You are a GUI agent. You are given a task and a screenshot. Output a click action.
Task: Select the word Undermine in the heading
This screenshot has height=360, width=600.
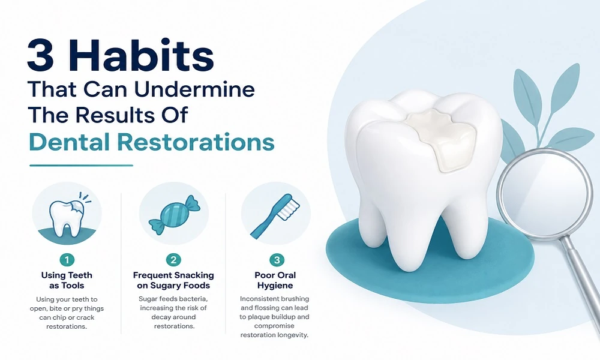tap(194, 89)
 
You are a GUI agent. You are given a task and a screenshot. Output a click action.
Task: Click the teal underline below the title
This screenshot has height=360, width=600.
tap(81, 165)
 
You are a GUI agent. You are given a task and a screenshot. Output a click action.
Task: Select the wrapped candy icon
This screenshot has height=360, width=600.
tap(175, 214)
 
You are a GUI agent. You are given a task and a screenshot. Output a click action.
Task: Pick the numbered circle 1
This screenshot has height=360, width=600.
tap(67, 260)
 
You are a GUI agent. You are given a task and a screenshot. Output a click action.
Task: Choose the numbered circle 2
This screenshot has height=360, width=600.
tap(173, 260)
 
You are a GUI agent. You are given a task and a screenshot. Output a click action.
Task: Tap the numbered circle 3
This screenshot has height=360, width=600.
tap(277, 260)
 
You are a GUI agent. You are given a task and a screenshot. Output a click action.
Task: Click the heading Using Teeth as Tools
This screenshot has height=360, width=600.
tap(67, 280)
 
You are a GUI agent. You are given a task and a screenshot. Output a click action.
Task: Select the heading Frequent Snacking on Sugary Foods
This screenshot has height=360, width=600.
tap(173, 280)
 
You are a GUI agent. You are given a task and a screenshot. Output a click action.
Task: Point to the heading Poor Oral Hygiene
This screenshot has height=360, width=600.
tap(275, 280)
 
